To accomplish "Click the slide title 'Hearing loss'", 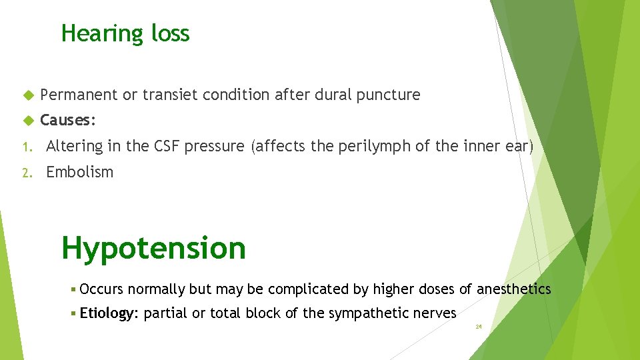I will tap(125, 33).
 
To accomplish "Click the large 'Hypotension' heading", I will tap(153, 248).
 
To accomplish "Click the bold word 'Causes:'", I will tap(68, 121).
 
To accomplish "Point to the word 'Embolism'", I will tap(79, 172).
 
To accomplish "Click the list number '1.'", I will tap(25, 147).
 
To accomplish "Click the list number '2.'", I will tap(25, 173).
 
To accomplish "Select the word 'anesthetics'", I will tap(515, 289).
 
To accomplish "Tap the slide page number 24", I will tap(478, 327).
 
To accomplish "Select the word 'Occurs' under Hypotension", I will tap(101, 289).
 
